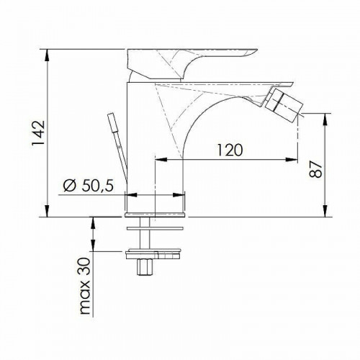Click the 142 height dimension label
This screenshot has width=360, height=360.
tap(38, 132)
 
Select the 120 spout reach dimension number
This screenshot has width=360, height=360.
tap(230, 150)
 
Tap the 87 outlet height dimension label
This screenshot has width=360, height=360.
tap(315, 168)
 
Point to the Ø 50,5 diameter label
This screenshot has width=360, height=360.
tap(89, 186)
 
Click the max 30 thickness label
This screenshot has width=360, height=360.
tap(85, 287)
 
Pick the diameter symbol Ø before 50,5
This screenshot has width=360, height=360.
tap(70, 186)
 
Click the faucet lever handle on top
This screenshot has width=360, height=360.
tap(192, 64)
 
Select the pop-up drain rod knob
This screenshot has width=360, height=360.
tap(113, 122)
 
